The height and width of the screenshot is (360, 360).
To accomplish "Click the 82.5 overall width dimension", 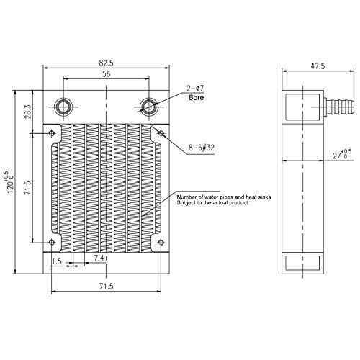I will click(106, 63).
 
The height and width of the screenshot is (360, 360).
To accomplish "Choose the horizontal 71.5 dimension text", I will click(105, 287).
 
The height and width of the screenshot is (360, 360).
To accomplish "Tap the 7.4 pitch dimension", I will click(100, 258).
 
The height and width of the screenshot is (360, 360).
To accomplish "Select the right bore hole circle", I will click(148, 107).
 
